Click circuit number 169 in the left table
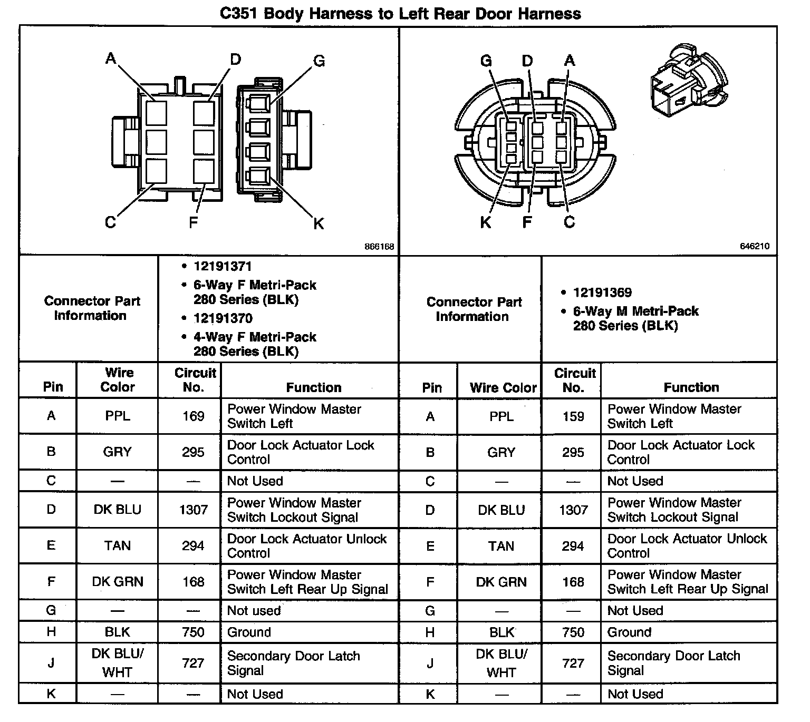pyautogui.click(x=193, y=416)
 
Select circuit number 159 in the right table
pyautogui.click(x=573, y=417)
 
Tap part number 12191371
pyautogui.click(x=223, y=267)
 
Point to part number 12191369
pyautogui.click(x=602, y=292)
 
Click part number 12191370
pyautogui.click(x=223, y=318)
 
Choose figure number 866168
pyautogui.click(x=379, y=247)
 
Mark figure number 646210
pyautogui.click(x=754, y=246)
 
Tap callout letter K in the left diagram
pyautogui.click(x=319, y=224)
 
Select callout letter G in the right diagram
pyautogui.click(x=486, y=61)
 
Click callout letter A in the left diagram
pyautogui.click(x=111, y=58)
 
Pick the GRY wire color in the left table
pyautogui.click(x=117, y=452)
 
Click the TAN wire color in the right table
pyautogui.click(x=501, y=546)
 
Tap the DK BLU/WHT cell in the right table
pyautogui.click(x=501, y=663)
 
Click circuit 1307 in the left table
pyautogui.click(x=193, y=510)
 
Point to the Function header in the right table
pyautogui.click(x=691, y=387)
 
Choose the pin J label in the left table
pyautogui.click(x=51, y=663)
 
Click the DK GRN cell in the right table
pyautogui.click(x=501, y=582)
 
